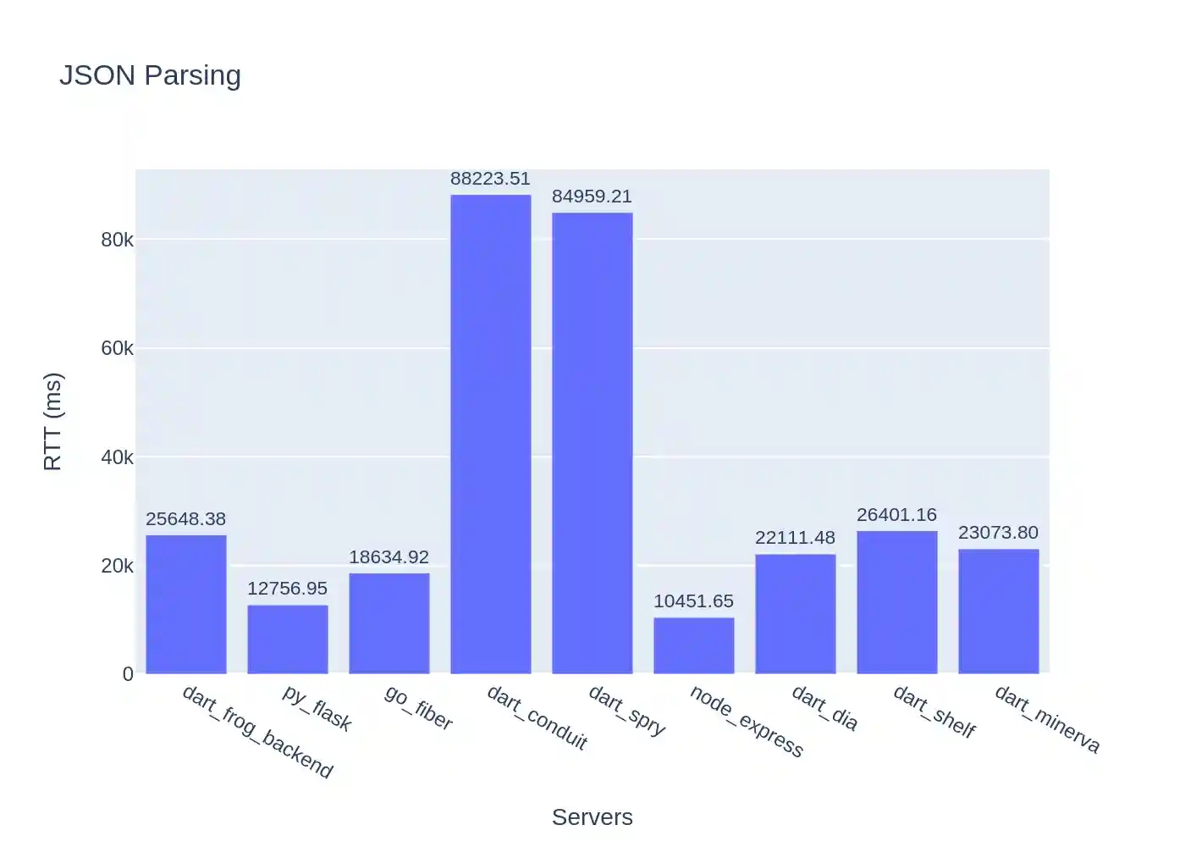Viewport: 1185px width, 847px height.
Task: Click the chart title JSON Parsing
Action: [150, 75]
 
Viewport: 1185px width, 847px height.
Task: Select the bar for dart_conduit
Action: [491, 435]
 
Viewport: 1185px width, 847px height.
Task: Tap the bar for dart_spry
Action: [592, 443]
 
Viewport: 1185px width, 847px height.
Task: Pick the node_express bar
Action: [694, 645]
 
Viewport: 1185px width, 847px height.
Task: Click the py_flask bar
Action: [288, 639]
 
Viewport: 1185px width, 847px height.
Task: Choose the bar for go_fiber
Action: [389, 623]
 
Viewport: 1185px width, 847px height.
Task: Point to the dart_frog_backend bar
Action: [186, 605]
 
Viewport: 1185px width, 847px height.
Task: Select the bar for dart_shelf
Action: [897, 602]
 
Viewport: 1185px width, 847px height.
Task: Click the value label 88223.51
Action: [490, 179]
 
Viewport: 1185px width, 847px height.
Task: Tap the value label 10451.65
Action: [693, 601]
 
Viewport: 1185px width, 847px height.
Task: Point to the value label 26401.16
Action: [896, 515]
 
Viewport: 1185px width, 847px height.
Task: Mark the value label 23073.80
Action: [998, 533]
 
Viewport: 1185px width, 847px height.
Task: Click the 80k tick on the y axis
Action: [117, 240]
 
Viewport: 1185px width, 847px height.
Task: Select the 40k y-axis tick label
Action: [117, 457]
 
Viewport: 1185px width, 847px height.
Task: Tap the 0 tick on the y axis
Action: [128, 674]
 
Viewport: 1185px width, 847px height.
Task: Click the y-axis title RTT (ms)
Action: [52, 421]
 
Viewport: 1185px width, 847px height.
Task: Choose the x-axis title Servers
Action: [592, 817]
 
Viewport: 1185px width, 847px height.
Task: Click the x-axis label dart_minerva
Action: [1047, 720]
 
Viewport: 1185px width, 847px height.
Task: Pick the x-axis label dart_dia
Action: [824, 708]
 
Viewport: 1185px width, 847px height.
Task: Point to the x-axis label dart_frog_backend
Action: [257, 732]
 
